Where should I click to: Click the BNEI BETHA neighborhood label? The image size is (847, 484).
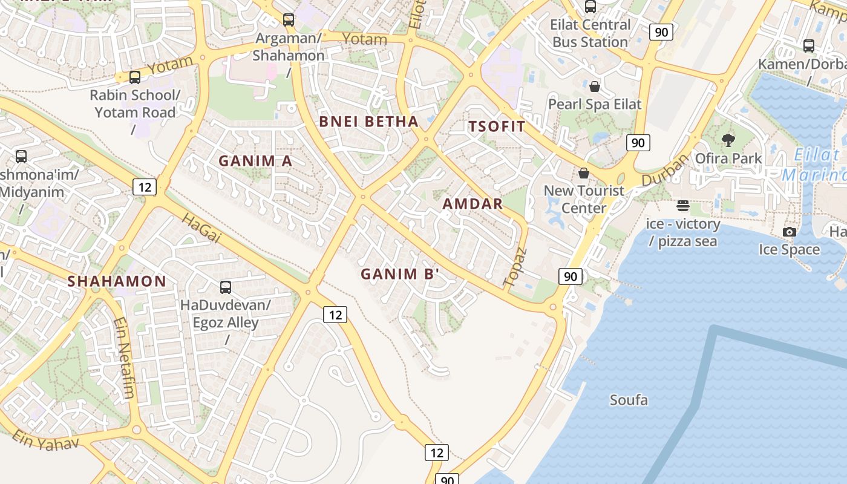pyautogui.click(x=368, y=122)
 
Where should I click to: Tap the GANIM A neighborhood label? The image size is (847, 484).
pyautogui.click(x=255, y=161)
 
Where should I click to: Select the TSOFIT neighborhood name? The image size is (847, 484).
pyautogui.click(x=497, y=126)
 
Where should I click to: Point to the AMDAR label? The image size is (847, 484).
pyautogui.click(x=473, y=204)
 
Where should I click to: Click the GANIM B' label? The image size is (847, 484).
pyautogui.click(x=399, y=274)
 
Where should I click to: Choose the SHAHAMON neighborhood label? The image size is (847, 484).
pyautogui.click(x=116, y=281)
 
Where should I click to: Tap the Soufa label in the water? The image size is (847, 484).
pyautogui.click(x=629, y=400)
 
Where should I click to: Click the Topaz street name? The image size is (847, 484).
pyautogui.click(x=515, y=267)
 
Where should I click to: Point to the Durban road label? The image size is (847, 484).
pyautogui.click(x=665, y=170)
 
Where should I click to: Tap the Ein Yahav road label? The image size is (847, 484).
pyautogui.click(x=45, y=440)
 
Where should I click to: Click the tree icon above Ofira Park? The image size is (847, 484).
pyautogui.click(x=728, y=140)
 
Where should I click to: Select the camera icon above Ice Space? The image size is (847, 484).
pyautogui.click(x=789, y=232)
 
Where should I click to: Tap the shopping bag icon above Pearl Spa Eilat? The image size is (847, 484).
pyautogui.click(x=595, y=86)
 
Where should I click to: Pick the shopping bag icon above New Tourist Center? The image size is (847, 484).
pyautogui.click(x=584, y=173)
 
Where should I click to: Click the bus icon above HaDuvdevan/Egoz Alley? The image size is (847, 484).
pyautogui.click(x=226, y=287)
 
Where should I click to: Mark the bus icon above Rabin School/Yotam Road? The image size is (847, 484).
pyautogui.click(x=135, y=77)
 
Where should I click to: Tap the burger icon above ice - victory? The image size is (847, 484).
pyautogui.click(x=683, y=206)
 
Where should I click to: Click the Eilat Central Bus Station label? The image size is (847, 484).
pyautogui.click(x=590, y=33)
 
